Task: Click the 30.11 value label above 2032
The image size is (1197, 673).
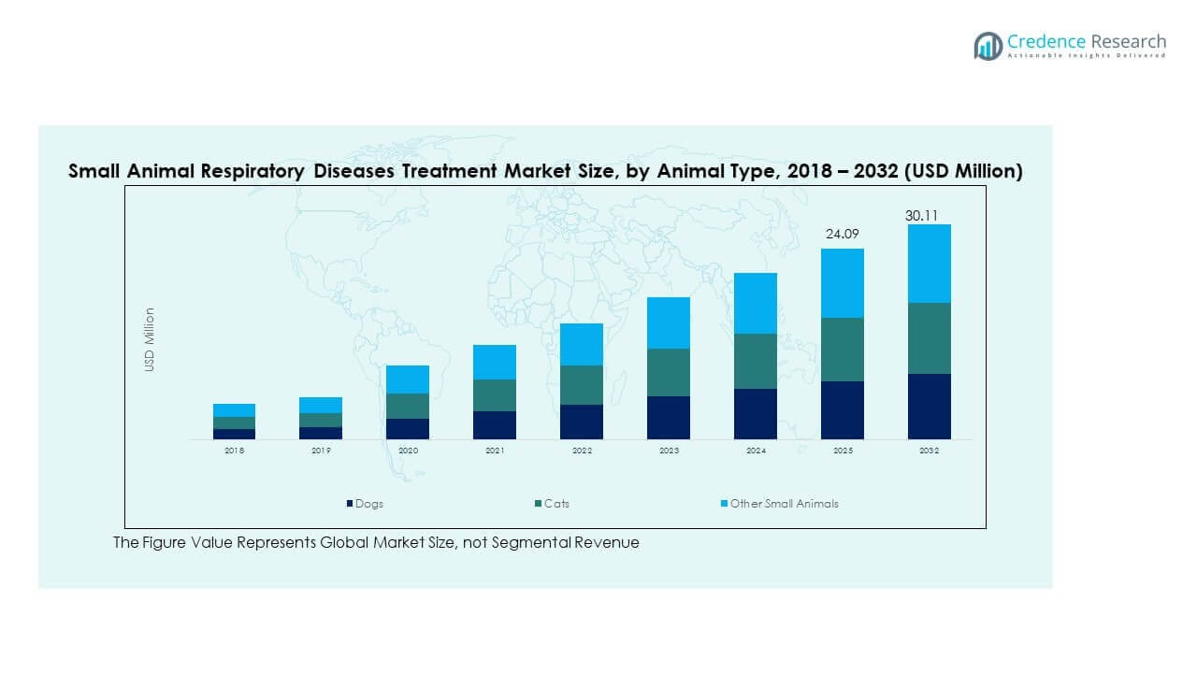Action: click(921, 216)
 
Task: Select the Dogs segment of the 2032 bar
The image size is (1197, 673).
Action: click(929, 407)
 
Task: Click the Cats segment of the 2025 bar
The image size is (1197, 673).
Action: click(842, 350)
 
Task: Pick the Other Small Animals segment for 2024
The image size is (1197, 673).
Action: click(755, 303)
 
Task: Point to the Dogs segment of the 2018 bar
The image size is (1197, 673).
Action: click(234, 434)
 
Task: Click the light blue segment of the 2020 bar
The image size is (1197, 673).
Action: click(408, 379)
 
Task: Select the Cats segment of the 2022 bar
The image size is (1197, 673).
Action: click(582, 384)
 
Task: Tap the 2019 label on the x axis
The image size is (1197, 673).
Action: click(321, 451)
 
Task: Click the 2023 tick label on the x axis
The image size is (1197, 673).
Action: click(669, 451)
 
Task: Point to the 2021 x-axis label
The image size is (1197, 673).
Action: click(495, 451)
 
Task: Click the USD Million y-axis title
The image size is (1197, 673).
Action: click(150, 340)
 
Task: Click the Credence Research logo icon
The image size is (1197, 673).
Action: click(988, 45)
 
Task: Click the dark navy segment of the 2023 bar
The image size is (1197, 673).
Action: click(669, 418)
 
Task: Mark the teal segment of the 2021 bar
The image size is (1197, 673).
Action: click(495, 395)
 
